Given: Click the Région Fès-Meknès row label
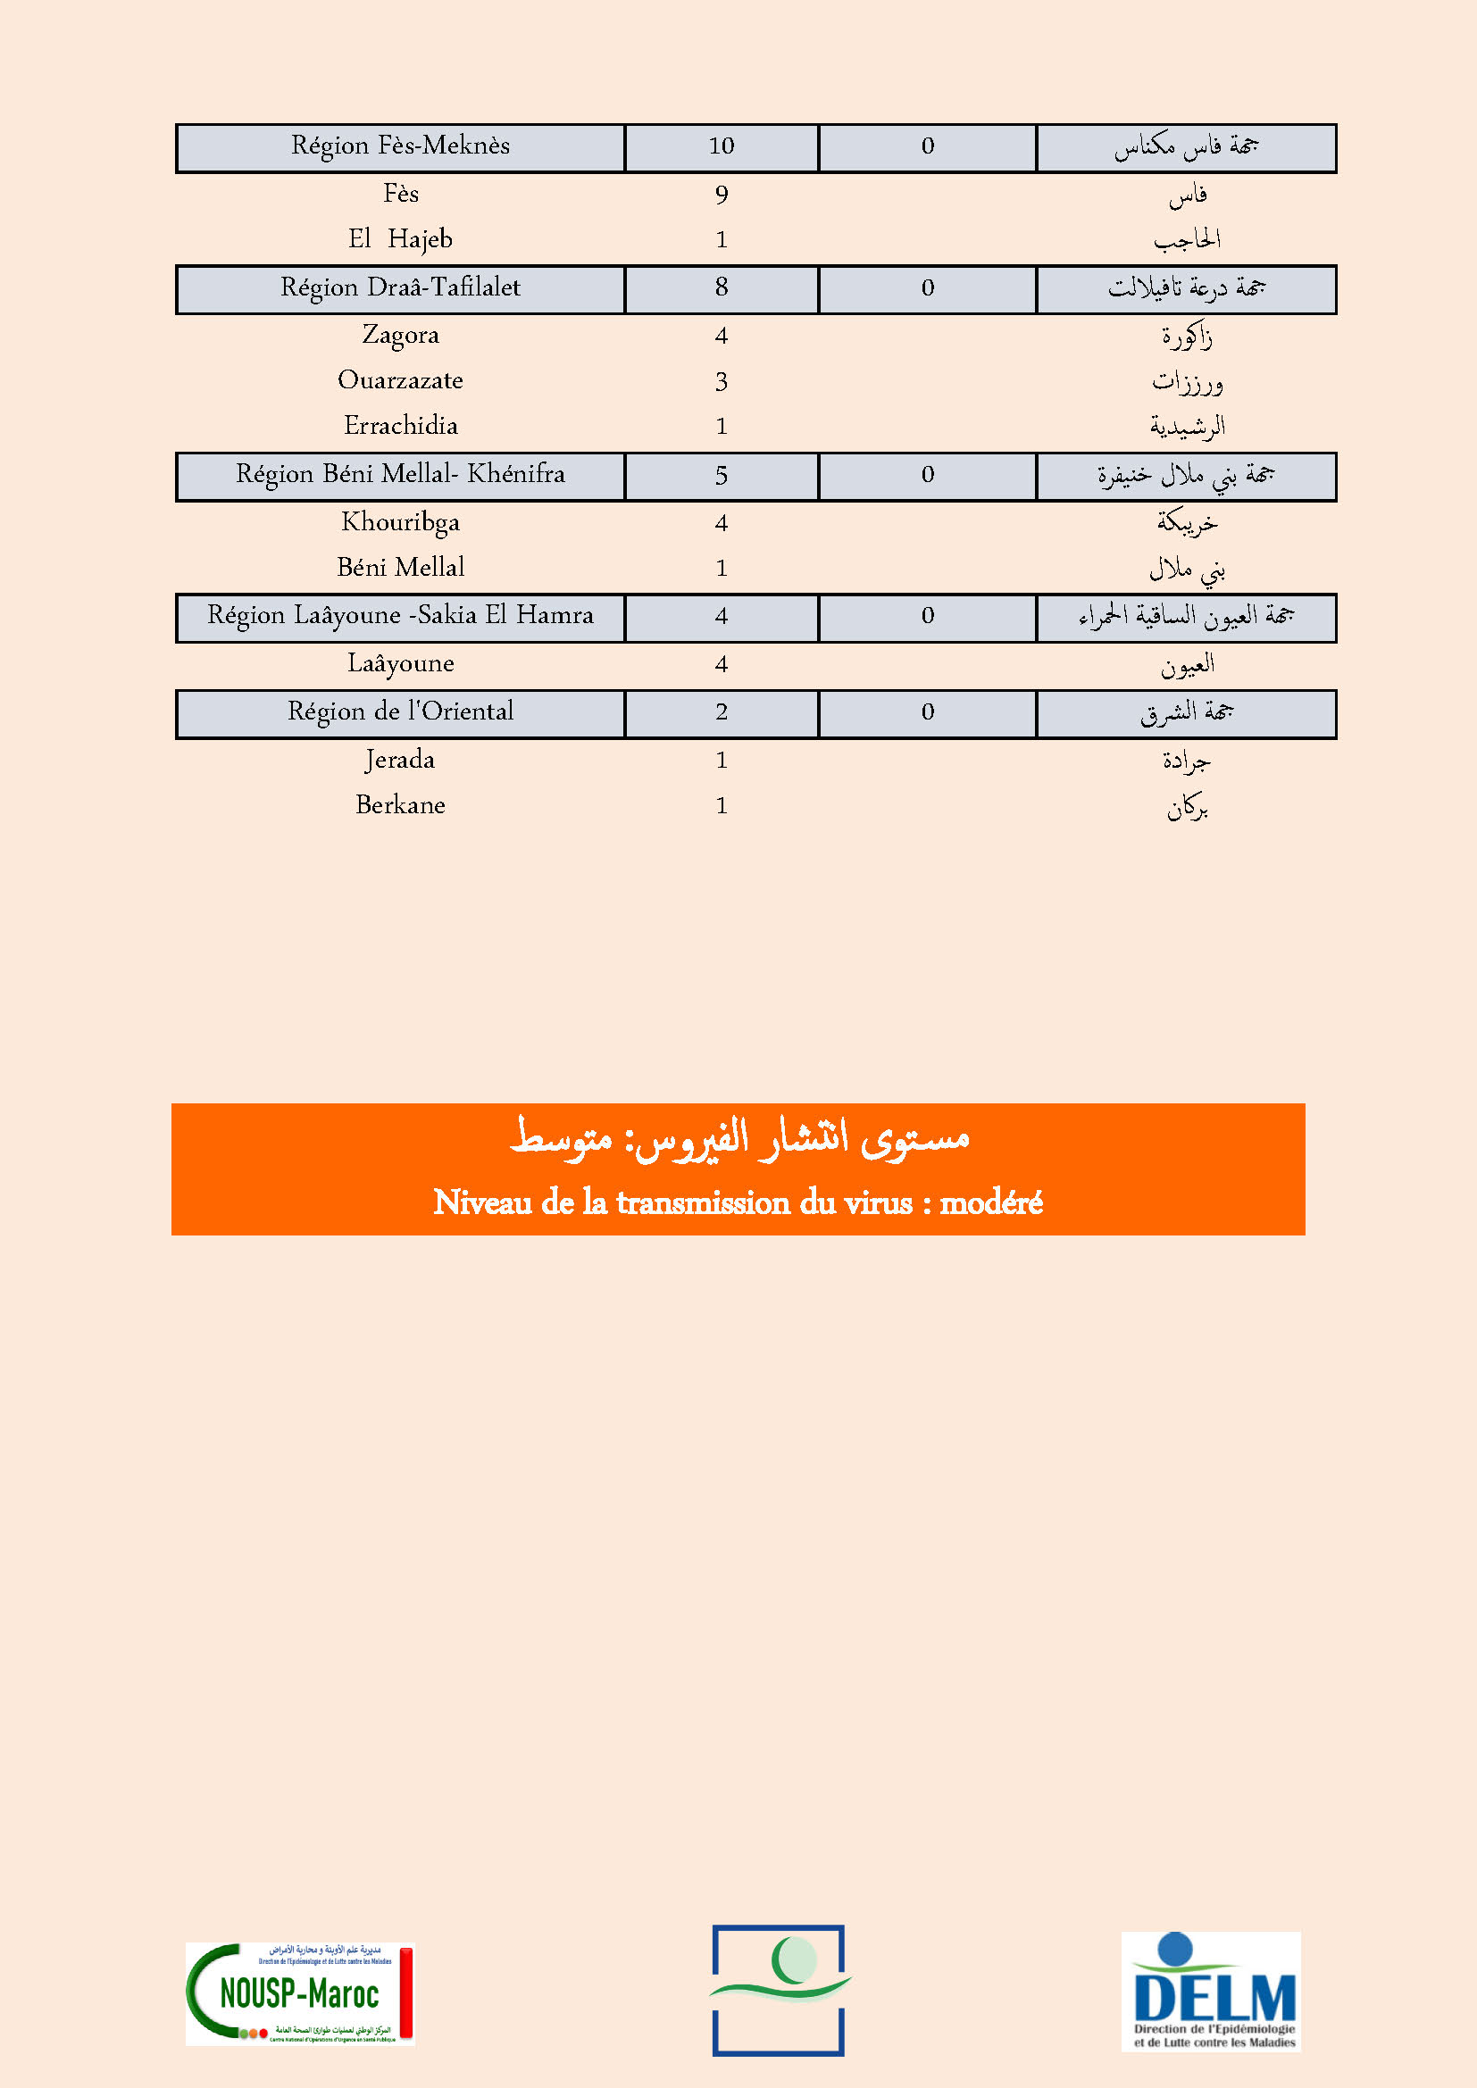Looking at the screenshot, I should [x=400, y=146].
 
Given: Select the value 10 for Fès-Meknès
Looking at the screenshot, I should [x=722, y=146].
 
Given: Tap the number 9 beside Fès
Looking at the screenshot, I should [x=722, y=195].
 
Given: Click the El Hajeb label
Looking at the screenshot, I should [x=400, y=239].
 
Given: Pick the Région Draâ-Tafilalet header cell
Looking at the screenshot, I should [x=400, y=288].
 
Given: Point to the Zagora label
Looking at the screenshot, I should [x=400, y=336].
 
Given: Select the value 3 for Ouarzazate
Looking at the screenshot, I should [x=722, y=381].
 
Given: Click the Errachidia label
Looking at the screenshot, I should [x=400, y=426].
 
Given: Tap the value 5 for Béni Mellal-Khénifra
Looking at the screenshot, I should [x=722, y=476].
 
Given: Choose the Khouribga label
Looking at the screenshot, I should [x=400, y=523].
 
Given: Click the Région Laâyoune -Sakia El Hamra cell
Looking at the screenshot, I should [x=400, y=617].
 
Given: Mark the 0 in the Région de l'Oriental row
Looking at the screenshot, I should [x=927, y=712].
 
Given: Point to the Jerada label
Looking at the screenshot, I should [x=400, y=761].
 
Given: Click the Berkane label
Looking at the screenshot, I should [x=400, y=806].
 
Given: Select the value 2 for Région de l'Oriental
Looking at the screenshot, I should [x=722, y=712].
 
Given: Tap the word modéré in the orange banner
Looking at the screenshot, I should [x=990, y=1203].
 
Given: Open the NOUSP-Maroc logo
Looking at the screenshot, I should [x=300, y=1993].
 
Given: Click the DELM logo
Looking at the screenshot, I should [x=1211, y=1991].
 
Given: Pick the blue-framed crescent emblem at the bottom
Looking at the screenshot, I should [x=779, y=1990].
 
